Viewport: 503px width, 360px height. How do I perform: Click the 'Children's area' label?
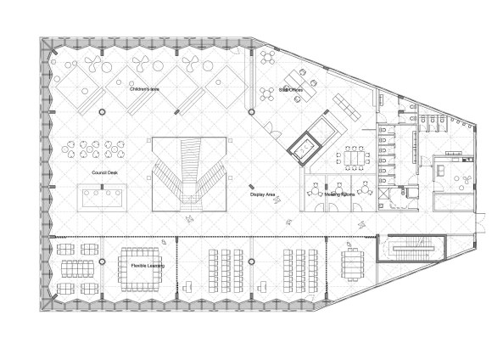(x=145, y=88)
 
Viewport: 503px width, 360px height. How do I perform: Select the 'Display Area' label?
(x=263, y=194)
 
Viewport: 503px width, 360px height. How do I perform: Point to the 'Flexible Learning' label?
(x=148, y=267)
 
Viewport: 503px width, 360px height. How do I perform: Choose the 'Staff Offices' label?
(x=292, y=88)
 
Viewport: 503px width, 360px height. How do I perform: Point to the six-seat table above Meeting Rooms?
(x=351, y=159)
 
